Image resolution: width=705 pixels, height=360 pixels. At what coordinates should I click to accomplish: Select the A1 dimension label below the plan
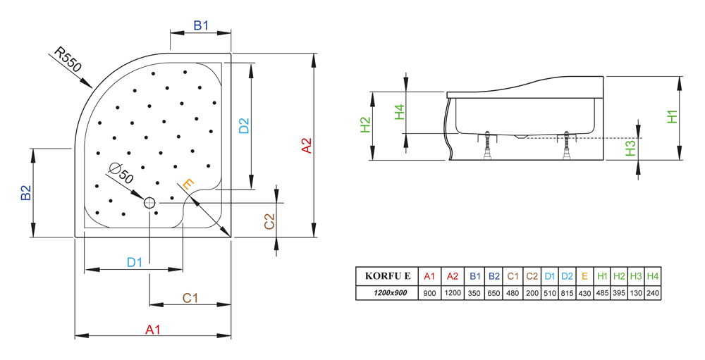click(x=153, y=329)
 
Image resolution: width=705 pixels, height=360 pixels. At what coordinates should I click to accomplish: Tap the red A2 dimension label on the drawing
click(x=307, y=145)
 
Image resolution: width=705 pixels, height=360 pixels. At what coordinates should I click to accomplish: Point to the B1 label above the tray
click(x=202, y=25)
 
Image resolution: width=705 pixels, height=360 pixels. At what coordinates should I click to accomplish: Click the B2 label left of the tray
click(x=26, y=193)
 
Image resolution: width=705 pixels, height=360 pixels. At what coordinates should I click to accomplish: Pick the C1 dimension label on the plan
click(x=190, y=298)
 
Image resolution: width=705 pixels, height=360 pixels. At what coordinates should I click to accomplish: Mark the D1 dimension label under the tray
click(x=135, y=262)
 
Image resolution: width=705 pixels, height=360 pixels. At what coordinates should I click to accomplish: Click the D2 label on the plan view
click(x=244, y=125)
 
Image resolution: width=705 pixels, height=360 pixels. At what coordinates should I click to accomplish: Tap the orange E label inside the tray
click(x=188, y=184)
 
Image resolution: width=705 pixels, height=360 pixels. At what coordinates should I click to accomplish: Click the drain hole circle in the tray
click(x=149, y=203)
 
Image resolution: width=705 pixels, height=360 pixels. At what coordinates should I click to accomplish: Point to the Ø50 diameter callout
click(x=121, y=173)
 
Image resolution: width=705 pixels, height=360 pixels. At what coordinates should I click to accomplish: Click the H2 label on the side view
click(x=365, y=125)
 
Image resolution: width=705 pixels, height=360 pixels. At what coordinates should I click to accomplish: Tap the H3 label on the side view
click(x=631, y=147)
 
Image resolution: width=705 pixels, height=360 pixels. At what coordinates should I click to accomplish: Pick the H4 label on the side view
click(x=399, y=112)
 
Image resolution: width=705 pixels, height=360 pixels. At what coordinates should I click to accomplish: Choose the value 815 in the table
click(x=567, y=292)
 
